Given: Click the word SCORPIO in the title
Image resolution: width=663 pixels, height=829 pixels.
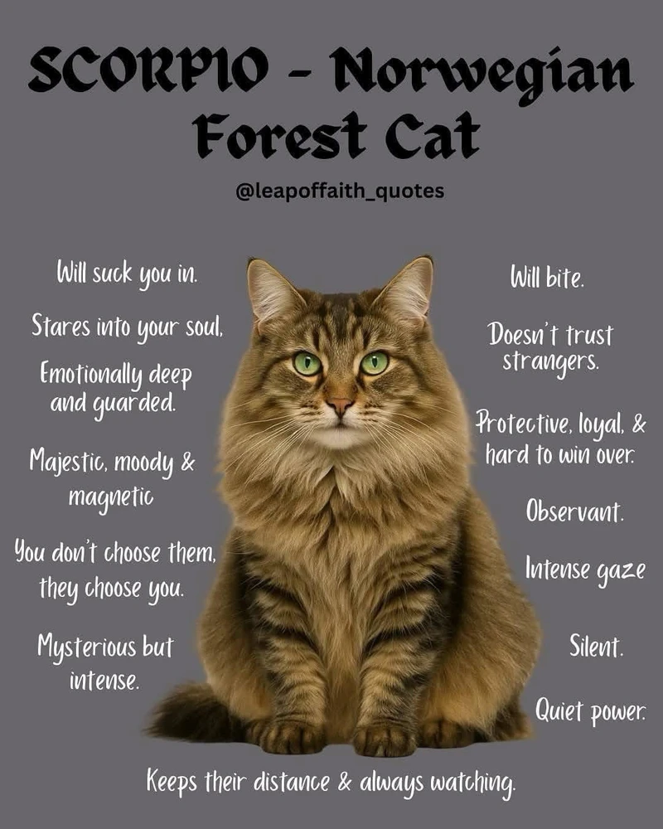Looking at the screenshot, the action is (148, 68).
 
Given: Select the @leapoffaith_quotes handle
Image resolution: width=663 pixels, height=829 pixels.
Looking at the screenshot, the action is (340, 191).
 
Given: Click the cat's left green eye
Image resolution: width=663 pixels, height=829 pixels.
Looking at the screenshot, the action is (307, 363).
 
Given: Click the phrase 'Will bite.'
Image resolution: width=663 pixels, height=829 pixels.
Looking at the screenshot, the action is (547, 276).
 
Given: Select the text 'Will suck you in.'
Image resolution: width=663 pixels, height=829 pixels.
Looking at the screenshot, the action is (127, 273).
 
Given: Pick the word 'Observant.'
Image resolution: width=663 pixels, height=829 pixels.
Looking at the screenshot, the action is (574, 511).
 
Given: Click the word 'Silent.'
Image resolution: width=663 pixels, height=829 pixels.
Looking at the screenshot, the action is (597, 646).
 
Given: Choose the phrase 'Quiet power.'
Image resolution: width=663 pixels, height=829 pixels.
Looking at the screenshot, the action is (590, 710).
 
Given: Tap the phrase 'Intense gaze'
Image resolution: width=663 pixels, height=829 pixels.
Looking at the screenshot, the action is (585, 570).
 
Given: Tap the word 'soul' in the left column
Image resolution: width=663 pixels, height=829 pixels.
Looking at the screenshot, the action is (204, 327).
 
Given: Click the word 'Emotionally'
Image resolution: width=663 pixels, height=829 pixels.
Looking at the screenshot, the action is (91, 374).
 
